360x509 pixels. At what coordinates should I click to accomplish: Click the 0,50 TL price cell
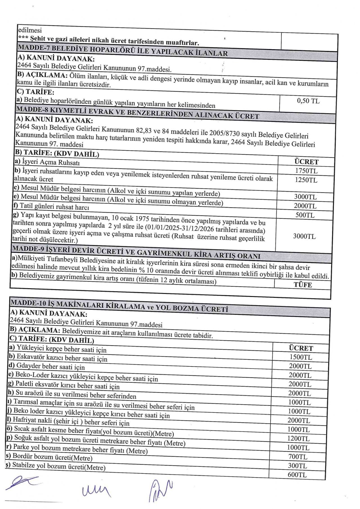coord(308,101)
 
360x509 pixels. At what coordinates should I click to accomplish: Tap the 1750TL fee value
coord(306,171)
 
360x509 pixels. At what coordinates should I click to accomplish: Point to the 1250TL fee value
coord(306,180)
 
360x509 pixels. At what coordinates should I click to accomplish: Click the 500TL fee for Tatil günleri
coord(305,215)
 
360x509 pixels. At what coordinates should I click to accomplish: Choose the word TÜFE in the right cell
coord(303,285)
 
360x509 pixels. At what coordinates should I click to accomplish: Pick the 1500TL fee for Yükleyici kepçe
coord(301,357)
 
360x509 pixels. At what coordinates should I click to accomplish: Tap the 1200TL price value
coord(298,439)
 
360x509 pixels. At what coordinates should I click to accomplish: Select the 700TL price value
coord(298,457)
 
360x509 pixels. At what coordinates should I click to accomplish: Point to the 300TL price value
coord(297,466)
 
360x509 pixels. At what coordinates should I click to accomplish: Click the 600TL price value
coord(297,475)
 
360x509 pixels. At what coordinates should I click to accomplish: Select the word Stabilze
coord(24,465)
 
